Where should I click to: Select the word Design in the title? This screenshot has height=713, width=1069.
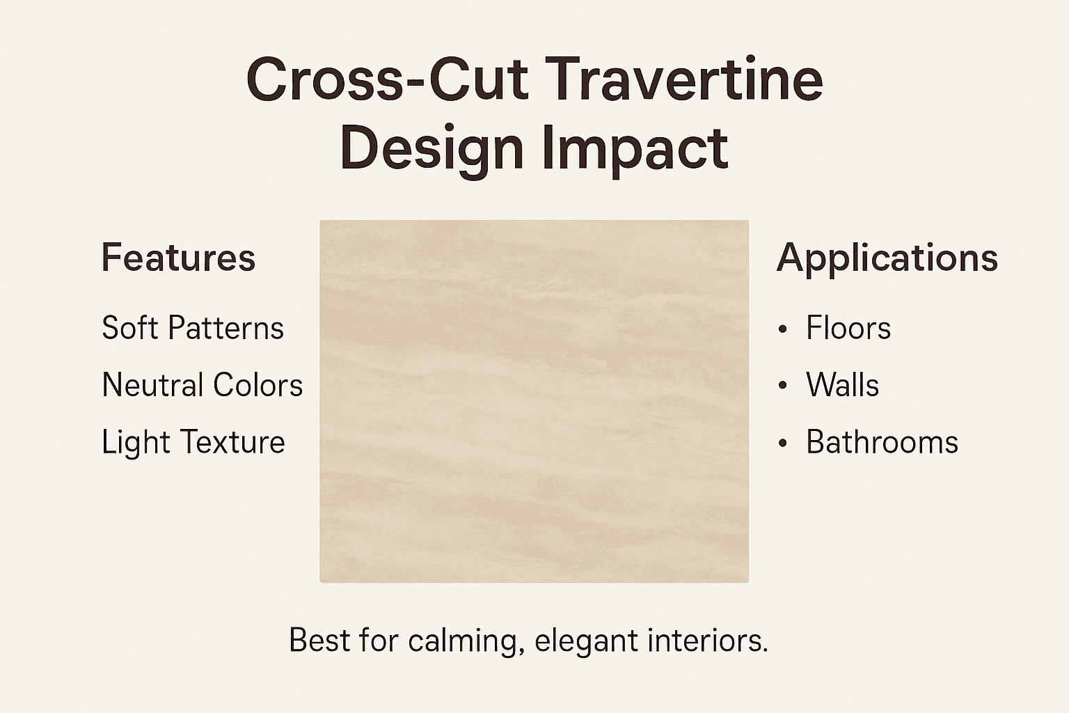431,149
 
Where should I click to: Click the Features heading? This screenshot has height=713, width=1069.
178,258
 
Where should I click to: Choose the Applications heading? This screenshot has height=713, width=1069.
887,258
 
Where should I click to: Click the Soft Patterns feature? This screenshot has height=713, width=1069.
193,328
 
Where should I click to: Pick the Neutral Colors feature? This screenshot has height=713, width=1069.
203,385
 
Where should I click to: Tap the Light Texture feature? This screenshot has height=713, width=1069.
193,442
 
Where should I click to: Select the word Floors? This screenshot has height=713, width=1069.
848,328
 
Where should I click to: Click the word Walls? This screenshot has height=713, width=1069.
843,385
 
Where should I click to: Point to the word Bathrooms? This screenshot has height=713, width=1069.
882,442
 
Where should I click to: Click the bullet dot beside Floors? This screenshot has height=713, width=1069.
783,329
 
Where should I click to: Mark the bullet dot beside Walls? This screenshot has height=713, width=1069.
783,386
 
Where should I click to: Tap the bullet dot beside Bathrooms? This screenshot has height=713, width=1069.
783,444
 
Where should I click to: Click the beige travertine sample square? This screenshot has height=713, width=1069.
534,401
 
